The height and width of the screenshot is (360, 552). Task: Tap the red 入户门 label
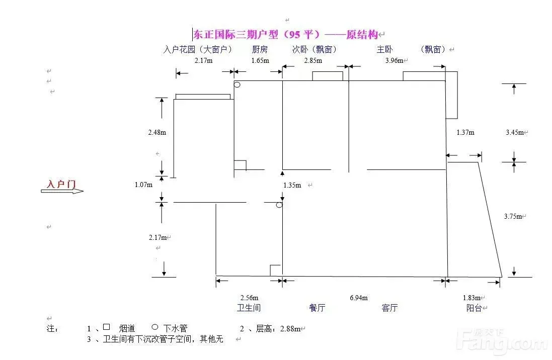pos(61,184)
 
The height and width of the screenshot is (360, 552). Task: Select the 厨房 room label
pos(260,49)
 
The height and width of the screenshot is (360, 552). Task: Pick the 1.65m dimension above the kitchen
pos(260,60)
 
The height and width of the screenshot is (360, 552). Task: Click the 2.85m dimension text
pos(313,60)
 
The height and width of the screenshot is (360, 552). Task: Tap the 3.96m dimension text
pos(394,60)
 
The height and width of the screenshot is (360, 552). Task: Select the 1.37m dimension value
pos(465,133)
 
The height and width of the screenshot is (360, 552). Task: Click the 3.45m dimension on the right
pos(515,133)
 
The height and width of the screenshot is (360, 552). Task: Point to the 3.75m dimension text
pos(514,216)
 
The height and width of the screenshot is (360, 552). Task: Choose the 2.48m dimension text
pos(157,133)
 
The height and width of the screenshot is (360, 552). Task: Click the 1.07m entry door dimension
pos(144,185)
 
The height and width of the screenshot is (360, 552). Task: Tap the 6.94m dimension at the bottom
pos(358,298)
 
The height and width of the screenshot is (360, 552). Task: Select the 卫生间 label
pos(249,308)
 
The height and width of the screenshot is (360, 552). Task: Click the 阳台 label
pos(474,308)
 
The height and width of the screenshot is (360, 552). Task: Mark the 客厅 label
pos(389,308)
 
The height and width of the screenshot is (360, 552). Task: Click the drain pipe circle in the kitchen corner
pos(237,85)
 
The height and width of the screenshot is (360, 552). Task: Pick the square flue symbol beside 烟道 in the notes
pos(106,327)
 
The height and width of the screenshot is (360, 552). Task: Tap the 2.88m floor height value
pos(290,329)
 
